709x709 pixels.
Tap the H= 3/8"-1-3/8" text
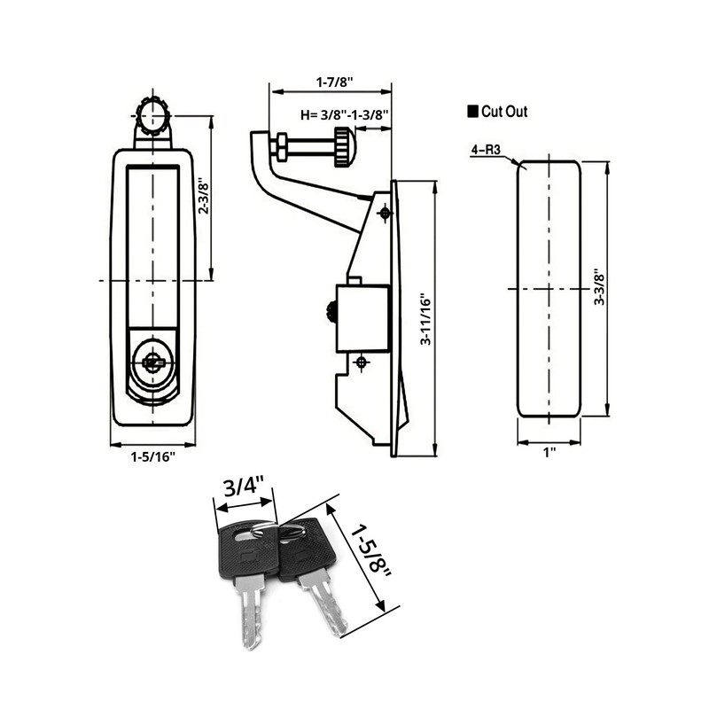[x=346, y=113]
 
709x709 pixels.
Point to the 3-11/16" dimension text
[x=426, y=318]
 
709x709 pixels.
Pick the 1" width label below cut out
[x=549, y=452]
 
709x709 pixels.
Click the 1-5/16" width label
[x=153, y=456]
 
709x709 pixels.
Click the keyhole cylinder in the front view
[x=153, y=361]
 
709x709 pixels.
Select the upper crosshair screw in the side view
[x=385, y=213]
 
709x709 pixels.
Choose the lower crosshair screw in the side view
[x=361, y=362]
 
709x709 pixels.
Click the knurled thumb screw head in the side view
[x=342, y=145]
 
